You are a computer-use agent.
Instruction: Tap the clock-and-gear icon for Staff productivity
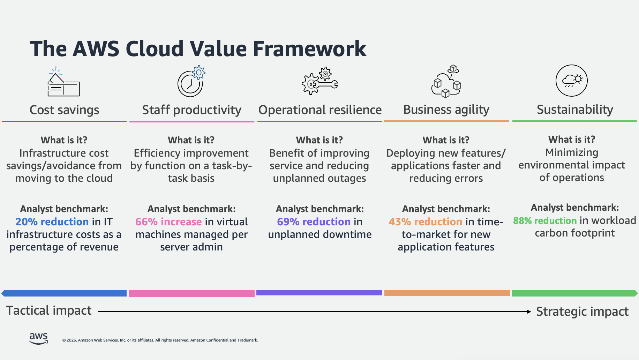coord(191,82)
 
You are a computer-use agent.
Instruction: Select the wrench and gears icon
coord(319,81)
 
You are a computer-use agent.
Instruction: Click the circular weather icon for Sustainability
coord(571,81)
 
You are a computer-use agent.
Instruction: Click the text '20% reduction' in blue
coord(52,222)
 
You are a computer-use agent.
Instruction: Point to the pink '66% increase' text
coord(168,222)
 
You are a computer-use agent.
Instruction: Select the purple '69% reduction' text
coord(314,222)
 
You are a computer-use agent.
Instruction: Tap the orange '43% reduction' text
coord(425,222)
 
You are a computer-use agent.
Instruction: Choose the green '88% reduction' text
coord(544,221)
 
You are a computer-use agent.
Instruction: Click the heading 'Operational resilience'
coord(320,110)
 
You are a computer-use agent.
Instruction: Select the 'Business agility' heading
coord(446,110)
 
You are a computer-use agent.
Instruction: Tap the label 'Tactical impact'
coord(49,310)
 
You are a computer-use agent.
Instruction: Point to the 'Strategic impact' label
coord(582,312)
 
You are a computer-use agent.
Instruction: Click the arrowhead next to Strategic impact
coord(529,312)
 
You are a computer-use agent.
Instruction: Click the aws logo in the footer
coord(38,338)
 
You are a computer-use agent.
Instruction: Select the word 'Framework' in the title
coord(309,48)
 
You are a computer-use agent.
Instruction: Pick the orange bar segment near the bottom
coord(447,293)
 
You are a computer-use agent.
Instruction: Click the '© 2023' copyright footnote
coord(160,340)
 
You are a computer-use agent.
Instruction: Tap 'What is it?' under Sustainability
coord(572,140)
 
